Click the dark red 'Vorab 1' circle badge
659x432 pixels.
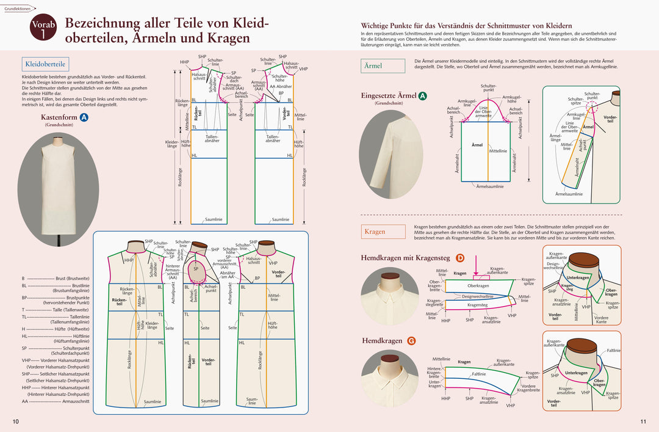(43, 28)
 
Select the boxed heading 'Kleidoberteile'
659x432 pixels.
(46, 64)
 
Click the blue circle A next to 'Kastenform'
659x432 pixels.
(84, 117)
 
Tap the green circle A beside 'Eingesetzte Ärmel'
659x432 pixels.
(422, 96)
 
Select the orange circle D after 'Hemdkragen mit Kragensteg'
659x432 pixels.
(460, 258)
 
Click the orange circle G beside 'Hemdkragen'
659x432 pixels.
(412, 340)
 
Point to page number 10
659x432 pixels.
(15, 422)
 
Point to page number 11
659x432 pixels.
(643, 422)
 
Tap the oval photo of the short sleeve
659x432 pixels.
(391, 155)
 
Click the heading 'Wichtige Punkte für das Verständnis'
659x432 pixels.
(466, 25)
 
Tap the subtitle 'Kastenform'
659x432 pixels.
(59, 117)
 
